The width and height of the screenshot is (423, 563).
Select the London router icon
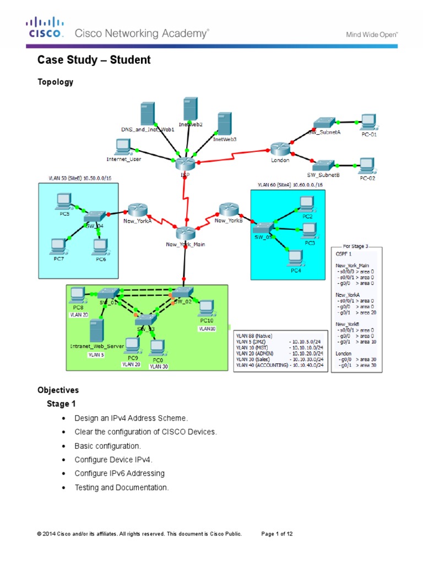(279, 148)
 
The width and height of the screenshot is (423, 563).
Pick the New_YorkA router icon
(137, 210)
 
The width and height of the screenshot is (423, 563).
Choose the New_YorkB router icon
(227, 209)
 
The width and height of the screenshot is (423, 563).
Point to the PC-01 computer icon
(367, 122)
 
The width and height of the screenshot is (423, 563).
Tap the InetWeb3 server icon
(224, 124)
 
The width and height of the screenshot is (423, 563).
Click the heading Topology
(55, 82)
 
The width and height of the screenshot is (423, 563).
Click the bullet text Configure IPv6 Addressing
(120, 473)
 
